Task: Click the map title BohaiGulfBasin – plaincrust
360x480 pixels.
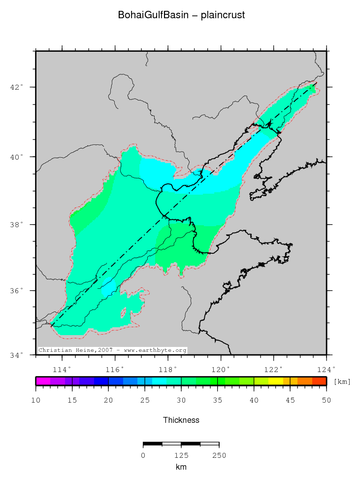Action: [x=181, y=15]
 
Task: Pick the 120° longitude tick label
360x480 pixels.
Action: [x=220, y=369]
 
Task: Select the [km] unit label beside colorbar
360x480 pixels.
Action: [x=342, y=381]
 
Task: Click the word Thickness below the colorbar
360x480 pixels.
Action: [x=181, y=420]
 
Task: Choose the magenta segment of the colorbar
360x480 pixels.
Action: [x=43, y=381]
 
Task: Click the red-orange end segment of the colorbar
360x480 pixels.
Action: [x=319, y=381]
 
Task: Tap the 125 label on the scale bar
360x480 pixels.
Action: [x=181, y=455]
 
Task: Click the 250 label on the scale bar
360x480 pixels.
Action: [x=219, y=455]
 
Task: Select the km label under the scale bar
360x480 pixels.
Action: [x=181, y=467]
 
